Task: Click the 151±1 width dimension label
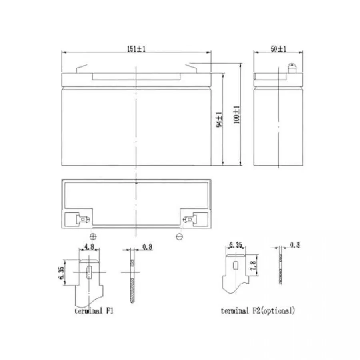[136, 49]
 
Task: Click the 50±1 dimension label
[278, 49]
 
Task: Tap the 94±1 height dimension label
[219, 119]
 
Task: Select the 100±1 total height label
[236, 115]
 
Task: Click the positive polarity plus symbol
[93, 236]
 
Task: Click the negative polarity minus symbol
[179, 236]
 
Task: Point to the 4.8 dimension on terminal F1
[89, 246]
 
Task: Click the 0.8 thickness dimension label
[147, 247]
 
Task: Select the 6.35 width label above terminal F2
[236, 245]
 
